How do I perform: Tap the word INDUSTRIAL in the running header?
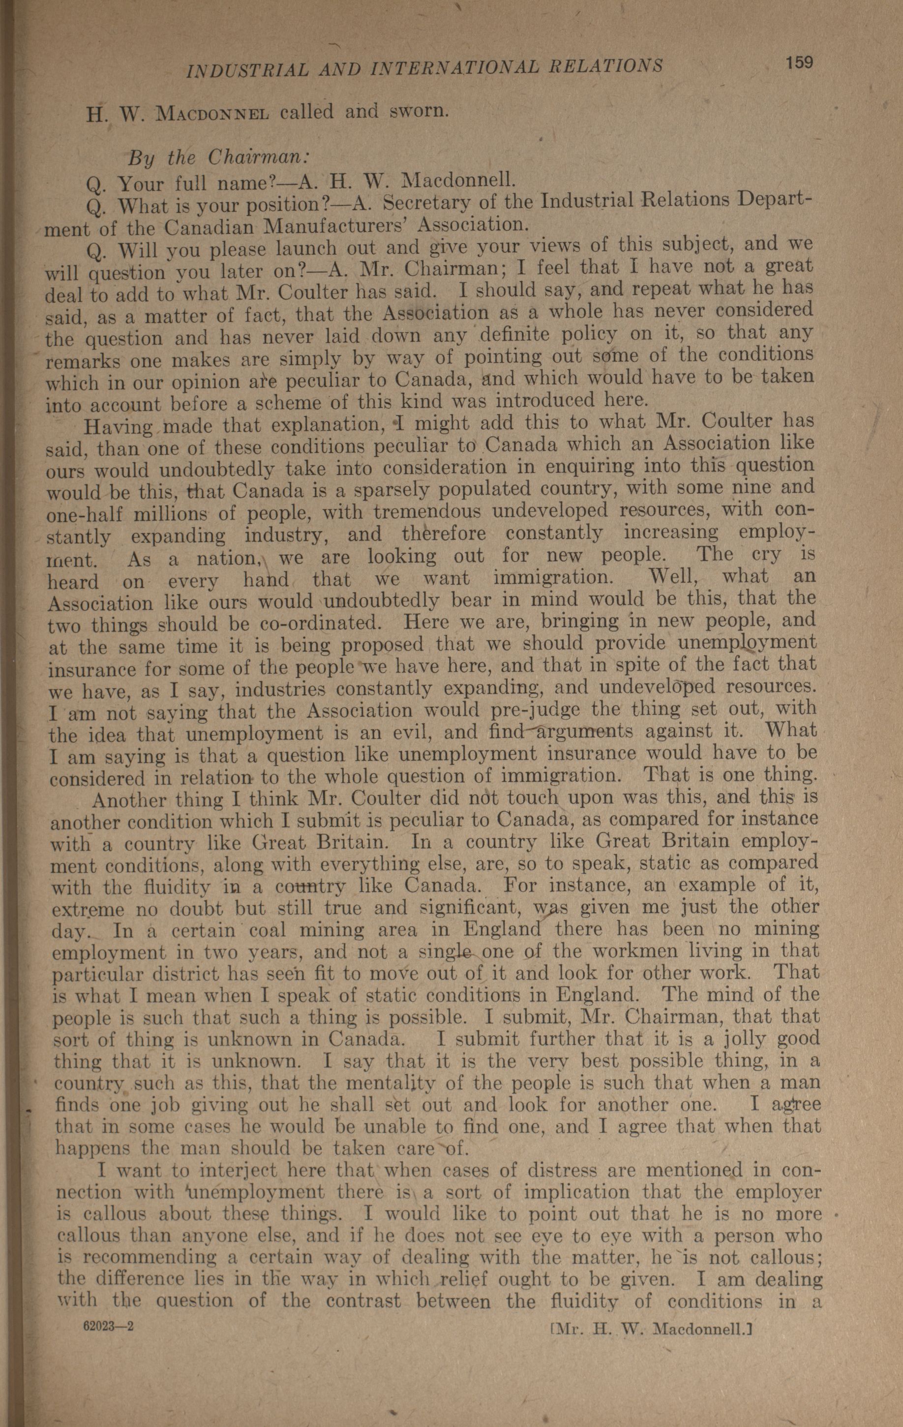[247, 70]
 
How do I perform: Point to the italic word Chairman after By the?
[258, 158]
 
